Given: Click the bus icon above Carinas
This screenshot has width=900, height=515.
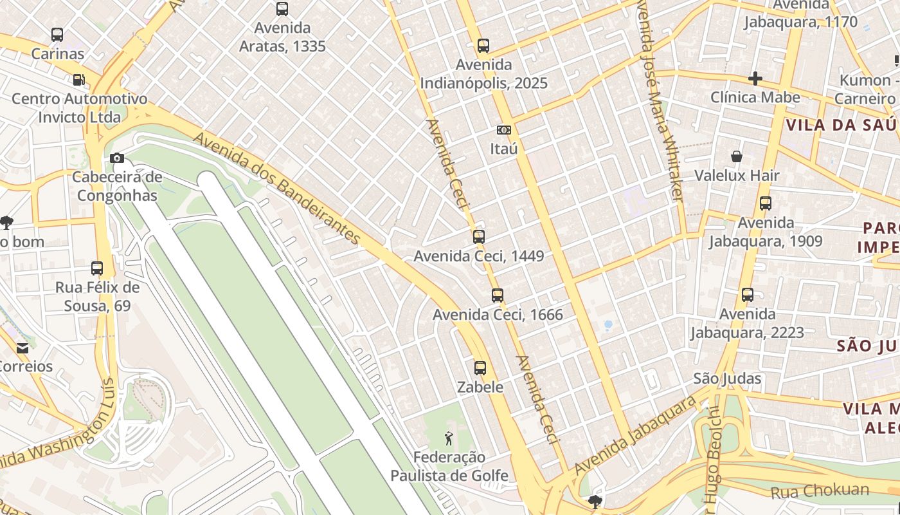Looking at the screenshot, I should point(57,35).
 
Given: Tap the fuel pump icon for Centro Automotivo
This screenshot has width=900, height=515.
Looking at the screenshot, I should point(78,80).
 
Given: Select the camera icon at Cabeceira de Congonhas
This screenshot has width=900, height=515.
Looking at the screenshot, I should point(117,158).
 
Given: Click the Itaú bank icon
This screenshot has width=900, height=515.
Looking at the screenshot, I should point(504,130).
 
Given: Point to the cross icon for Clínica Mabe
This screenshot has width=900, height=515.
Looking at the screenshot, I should point(755,79).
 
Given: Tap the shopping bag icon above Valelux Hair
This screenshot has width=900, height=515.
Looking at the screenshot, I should point(737,156).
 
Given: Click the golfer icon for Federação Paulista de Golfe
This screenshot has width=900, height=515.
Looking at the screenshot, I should point(449,438).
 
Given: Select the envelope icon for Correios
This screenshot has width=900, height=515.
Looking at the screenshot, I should point(22,348).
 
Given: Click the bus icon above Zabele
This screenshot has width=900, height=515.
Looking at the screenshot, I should point(480,368).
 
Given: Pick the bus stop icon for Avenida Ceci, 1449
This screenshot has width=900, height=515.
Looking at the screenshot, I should point(479,237).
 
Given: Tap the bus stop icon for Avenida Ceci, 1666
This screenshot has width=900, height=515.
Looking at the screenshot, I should point(498,295).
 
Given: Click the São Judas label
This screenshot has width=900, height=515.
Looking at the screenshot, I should point(727,379).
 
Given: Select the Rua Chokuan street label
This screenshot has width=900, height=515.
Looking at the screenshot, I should point(820,491).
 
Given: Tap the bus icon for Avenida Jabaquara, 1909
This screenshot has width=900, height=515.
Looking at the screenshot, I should point(766,203).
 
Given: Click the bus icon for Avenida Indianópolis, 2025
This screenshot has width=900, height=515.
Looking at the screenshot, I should point(483,46).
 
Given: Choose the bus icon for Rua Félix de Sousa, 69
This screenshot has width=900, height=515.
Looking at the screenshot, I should point(97,268).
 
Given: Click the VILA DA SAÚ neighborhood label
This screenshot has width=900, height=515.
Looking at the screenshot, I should point(840,125).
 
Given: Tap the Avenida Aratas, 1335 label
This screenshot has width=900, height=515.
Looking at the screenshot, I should point(282,37).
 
